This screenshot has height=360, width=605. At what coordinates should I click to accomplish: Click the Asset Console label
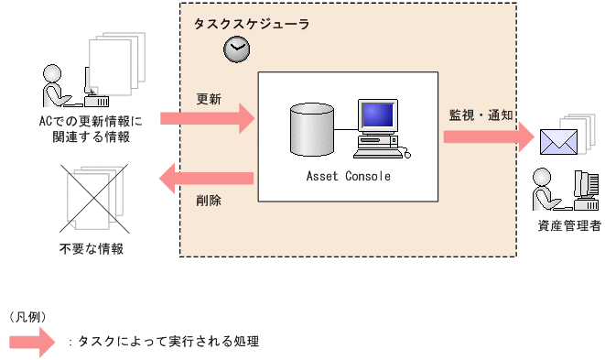point(347,176)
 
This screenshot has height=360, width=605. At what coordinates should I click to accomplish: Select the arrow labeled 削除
point(206,178)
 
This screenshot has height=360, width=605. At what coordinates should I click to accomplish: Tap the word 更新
point(208,98)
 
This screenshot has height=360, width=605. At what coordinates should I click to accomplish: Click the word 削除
point(208,199)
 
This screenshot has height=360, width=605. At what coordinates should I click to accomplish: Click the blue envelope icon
point(558,141)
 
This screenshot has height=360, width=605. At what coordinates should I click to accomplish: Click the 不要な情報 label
point(92,248)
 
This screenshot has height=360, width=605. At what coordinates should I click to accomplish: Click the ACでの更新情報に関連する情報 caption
point(92,129)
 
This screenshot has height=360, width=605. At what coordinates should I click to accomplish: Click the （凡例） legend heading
point(27,317)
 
